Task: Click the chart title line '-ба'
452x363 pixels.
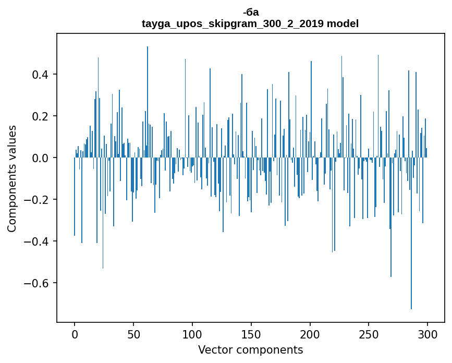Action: click(250, 13)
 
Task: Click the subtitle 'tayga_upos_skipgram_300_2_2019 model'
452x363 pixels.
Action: click(250, 23)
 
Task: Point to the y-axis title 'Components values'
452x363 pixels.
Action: click(12, 178)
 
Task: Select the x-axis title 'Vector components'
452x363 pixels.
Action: click(250, 350)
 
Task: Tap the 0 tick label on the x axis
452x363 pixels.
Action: click(75, 334)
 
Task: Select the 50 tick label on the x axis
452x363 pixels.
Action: click(133, 334)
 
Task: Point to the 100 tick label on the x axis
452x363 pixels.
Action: click(192, 334)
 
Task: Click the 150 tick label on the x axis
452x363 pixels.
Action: click(251, 334)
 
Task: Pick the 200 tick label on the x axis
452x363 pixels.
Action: click(310, 334)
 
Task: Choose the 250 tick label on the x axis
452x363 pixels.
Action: click(369, 334)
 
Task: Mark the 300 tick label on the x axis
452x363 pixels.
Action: click(428, 334)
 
